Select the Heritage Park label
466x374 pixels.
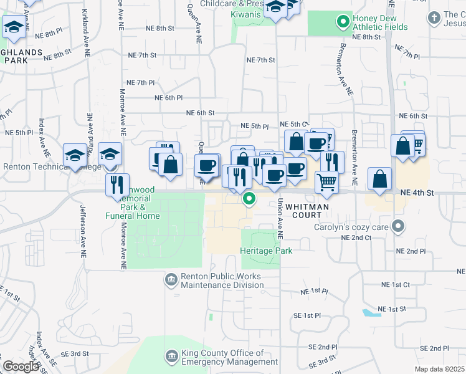click(x=266, y=251)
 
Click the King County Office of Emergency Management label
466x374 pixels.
click(x=229, y=357)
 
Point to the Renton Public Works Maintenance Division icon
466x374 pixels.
click(x=170, y=280)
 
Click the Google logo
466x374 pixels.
click(x=21, y=367)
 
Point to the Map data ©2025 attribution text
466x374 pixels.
click(x=439, y=369)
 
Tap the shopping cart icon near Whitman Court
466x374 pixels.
click(x=326, y=182)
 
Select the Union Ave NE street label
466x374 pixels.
click(x=280, y=218)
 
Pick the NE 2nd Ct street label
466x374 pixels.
click(x=356, y=237)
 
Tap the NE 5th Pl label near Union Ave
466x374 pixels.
click(x=254, y=126)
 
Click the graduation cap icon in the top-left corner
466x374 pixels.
click(x=13, y=27)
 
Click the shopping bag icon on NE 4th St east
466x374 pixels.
click(x=379, y=180)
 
